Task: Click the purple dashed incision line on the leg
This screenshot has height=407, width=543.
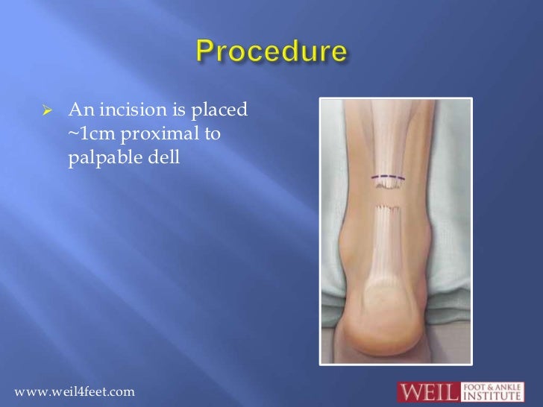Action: (x=389, y=179)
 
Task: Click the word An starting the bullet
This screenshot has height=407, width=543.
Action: (x=79, y=112)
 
